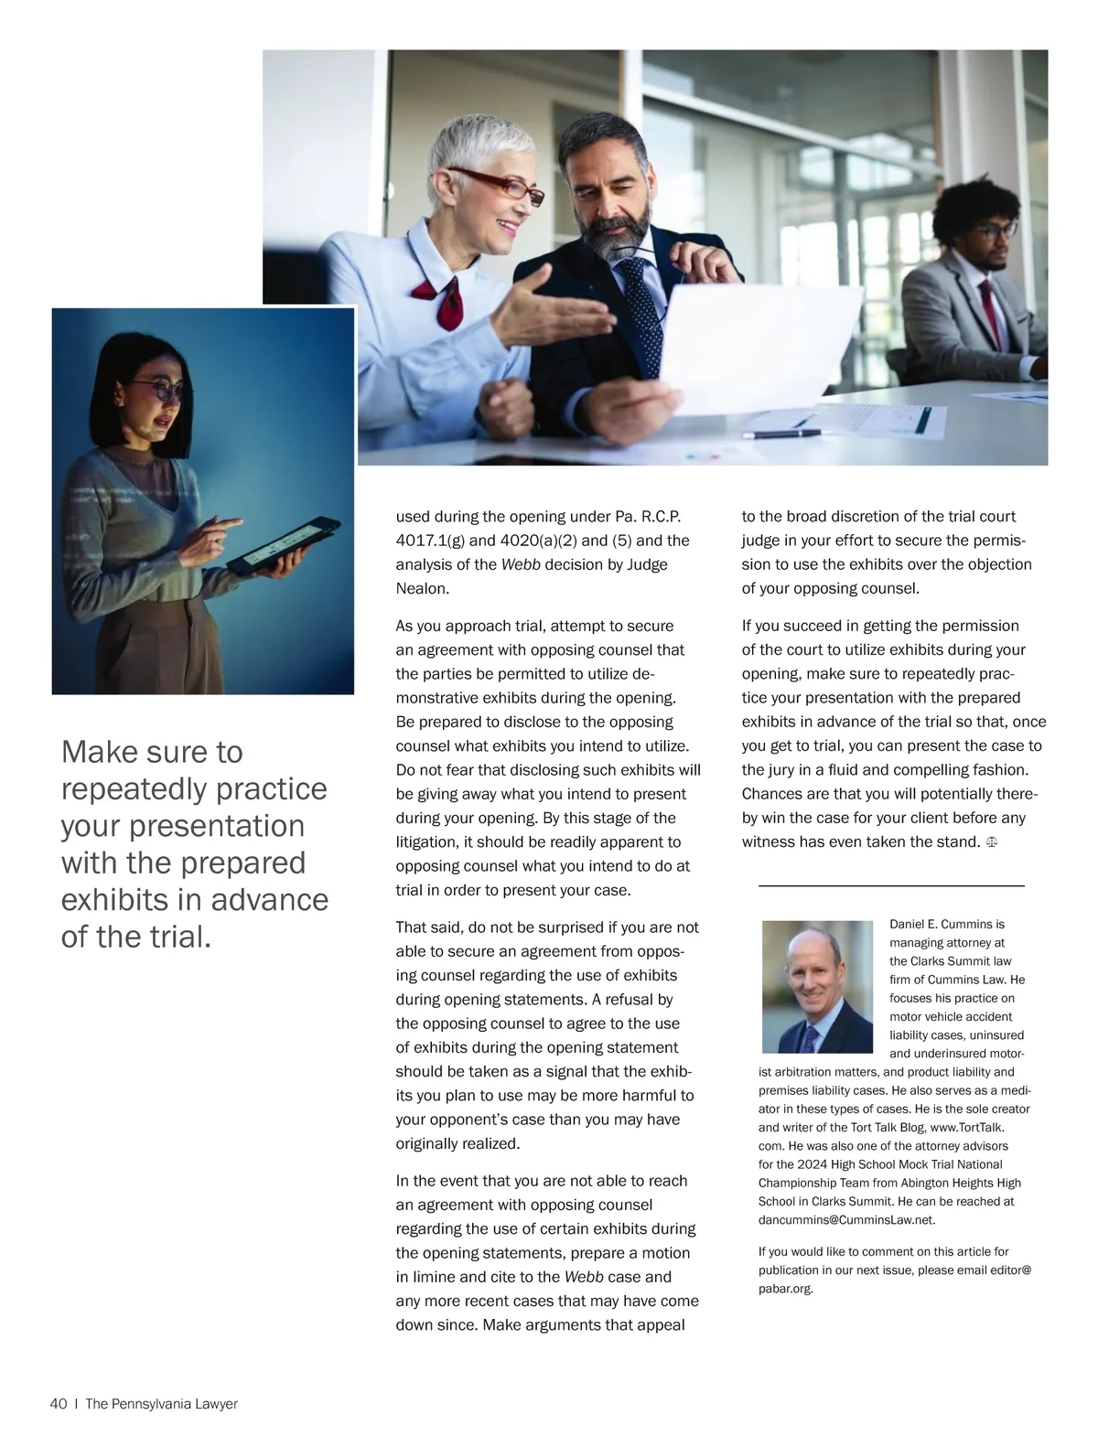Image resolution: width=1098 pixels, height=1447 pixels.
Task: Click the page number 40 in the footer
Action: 59,1404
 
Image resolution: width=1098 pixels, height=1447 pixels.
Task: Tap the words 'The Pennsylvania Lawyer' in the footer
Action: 161,1404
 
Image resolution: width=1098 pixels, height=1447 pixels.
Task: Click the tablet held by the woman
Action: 284,546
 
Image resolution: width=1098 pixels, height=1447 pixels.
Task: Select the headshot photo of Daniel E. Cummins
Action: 817,987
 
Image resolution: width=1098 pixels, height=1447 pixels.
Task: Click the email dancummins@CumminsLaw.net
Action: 846,1219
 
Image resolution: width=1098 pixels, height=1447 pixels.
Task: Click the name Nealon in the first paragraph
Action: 422,588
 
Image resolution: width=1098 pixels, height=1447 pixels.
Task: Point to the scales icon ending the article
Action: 991,841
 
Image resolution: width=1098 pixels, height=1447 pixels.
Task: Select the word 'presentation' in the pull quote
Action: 217,826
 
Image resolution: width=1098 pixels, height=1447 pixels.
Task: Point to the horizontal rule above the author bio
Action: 891,885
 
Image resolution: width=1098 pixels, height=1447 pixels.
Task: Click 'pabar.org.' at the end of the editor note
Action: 785,1289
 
